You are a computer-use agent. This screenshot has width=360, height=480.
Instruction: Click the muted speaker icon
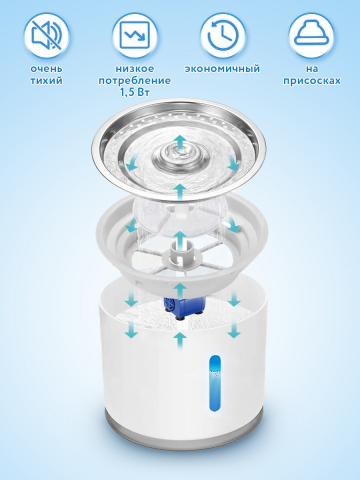pyautogui.click(x=46, y=36)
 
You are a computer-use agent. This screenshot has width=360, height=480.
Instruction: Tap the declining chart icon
pyautogui.click(x=135, y=36)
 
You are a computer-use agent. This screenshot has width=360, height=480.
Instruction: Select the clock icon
pyautogui.click(x=223, y=36)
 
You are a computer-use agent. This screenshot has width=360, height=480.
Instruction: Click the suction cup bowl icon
pyautogui.click(x=311, y=33)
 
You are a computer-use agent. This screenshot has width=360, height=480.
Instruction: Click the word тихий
pyautogui.click(x=46, y=81)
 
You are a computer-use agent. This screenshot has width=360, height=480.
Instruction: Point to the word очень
pyautogui.click(x=46, y=69)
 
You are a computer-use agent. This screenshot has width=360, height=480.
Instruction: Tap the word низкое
pyautogui.click(x=135, y=69)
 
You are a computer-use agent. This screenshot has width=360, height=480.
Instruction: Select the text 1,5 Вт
pyautogui.click(x=135, y=92)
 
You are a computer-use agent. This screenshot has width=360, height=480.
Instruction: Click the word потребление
pyautogui.click(x=135, y=81)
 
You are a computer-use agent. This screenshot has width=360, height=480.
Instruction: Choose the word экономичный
pyautogui.click(x=222, y=69)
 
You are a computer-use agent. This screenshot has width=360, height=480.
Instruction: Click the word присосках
pyautogui.click(x=312, y=81)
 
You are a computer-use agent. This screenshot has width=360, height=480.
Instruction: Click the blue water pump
pyautogui.click(x=184, y=307)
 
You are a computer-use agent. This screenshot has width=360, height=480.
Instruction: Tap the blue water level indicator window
pyautogui.click(x=215, y=383)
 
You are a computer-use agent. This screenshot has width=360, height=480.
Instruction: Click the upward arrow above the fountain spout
pyautogui.click(x=180, y=142)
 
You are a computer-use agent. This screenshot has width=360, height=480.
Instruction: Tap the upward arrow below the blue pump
pyautogui.click(x=180, y=341)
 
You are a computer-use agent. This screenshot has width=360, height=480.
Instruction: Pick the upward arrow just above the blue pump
pyautogui.click(x=180, y=290)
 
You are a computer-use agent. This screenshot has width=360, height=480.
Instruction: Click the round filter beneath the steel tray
pyautogui.click(x=179, y=217)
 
